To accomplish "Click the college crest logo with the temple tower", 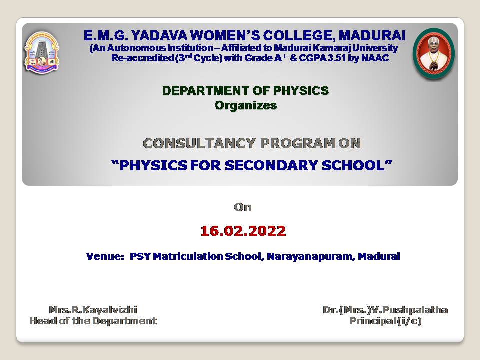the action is (42, 52).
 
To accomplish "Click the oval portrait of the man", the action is (434, 53).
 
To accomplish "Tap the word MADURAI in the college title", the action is (372, 36).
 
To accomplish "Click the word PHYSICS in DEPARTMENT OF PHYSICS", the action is (301, 91).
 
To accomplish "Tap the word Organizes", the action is (246, 105).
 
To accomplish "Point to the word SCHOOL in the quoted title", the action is (353, 165).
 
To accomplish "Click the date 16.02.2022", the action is (243, 231).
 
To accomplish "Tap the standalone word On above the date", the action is (243, 207).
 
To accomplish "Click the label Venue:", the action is (105, 256).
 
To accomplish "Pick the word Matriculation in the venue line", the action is (188, 256).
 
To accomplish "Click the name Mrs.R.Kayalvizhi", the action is (93, 310).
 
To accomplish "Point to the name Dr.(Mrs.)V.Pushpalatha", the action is (385, 310).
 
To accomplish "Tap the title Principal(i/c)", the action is (385, 321).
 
